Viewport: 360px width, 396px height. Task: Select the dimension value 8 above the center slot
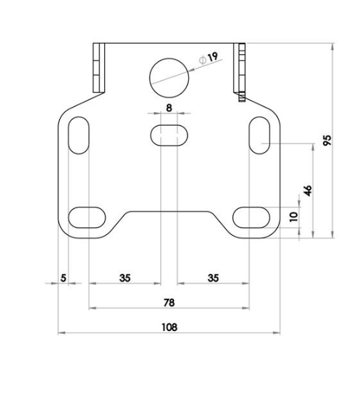click(169, 107)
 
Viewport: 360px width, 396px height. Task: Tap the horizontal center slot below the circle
click(169, 134)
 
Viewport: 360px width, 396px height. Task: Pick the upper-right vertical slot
click(258, 133)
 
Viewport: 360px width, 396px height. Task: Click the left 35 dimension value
click(125, 278)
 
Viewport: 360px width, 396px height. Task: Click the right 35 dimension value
click(213, 278)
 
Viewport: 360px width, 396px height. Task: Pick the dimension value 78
click(169, 303)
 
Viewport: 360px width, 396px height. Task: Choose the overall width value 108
click(169, 327)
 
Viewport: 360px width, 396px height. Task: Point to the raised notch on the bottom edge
click(170, 213)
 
